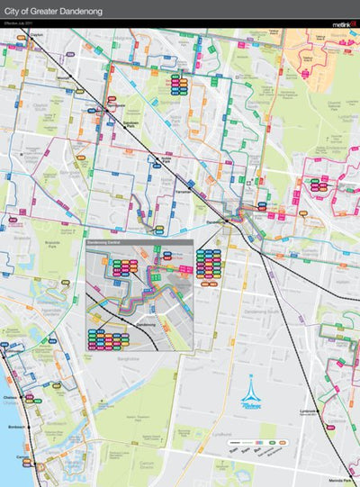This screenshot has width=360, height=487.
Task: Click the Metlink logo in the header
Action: [343, 24]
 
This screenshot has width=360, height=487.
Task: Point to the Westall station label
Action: [63, 78]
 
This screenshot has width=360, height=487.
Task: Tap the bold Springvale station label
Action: [114, 104]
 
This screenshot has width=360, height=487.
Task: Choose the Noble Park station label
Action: [166, 159]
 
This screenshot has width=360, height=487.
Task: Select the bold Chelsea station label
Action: [12, 396]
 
